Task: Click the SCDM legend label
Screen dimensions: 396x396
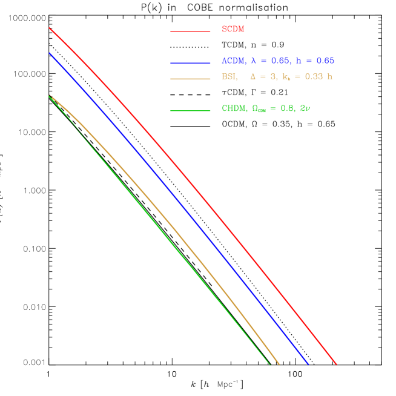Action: coord(233,29)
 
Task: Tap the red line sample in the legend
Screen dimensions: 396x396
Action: coord(190,31)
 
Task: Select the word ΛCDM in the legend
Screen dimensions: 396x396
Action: coord(234,61)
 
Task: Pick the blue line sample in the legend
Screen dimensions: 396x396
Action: coord(190,62)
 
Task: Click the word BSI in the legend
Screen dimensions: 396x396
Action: coord(229,77)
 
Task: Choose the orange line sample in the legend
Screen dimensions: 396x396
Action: coord(190,79)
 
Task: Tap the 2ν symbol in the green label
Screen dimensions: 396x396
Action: coord(305,108)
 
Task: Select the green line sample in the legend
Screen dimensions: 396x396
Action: coord(190,110)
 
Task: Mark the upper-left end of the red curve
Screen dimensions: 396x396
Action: coord(50,28)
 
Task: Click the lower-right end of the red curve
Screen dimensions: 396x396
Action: coord(336,364)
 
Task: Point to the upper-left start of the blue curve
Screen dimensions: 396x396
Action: coord(50,53)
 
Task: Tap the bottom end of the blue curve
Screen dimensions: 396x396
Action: coord(308,364)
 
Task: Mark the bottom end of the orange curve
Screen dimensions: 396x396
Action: coord(279,364)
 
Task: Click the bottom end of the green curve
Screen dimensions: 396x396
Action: coord(269,364)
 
